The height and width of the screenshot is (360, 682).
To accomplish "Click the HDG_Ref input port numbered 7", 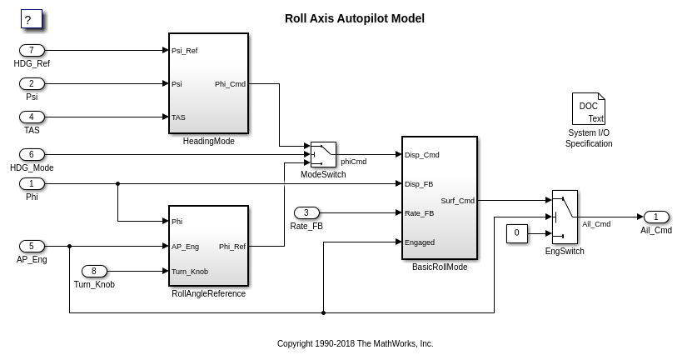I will (32, 50).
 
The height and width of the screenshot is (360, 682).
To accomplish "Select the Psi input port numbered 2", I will (32, 83).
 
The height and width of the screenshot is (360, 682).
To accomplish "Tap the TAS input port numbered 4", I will (32, 117).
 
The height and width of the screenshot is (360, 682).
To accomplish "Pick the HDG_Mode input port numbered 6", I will (32, 154).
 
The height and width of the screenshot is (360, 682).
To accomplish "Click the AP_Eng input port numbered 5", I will (32, 246).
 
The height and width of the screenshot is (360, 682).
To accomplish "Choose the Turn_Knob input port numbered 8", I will (94, 271).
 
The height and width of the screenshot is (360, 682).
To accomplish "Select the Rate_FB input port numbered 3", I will (306, 212).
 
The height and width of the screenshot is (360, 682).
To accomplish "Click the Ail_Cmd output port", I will (656, 217).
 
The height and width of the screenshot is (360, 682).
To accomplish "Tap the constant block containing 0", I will (517, 233).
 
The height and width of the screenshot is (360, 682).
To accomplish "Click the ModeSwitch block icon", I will (323, 154).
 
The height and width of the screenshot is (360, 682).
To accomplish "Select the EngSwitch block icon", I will (565, 217).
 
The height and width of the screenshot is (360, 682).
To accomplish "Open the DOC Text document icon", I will (588, 109).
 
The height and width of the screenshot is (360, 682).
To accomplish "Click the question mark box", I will (31, 19).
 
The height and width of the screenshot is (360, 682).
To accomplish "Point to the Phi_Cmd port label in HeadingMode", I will (230, 83).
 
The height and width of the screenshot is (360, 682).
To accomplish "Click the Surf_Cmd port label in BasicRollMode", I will (457, 200).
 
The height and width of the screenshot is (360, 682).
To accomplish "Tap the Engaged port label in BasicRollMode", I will (420, 242).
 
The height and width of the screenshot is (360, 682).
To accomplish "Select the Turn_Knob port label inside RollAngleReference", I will (190, 272).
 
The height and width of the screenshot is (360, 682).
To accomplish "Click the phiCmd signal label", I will (354, 162).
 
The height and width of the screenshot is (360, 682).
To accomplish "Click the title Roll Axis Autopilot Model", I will (355, 18).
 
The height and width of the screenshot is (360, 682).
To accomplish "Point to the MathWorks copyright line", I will (355, 343).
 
